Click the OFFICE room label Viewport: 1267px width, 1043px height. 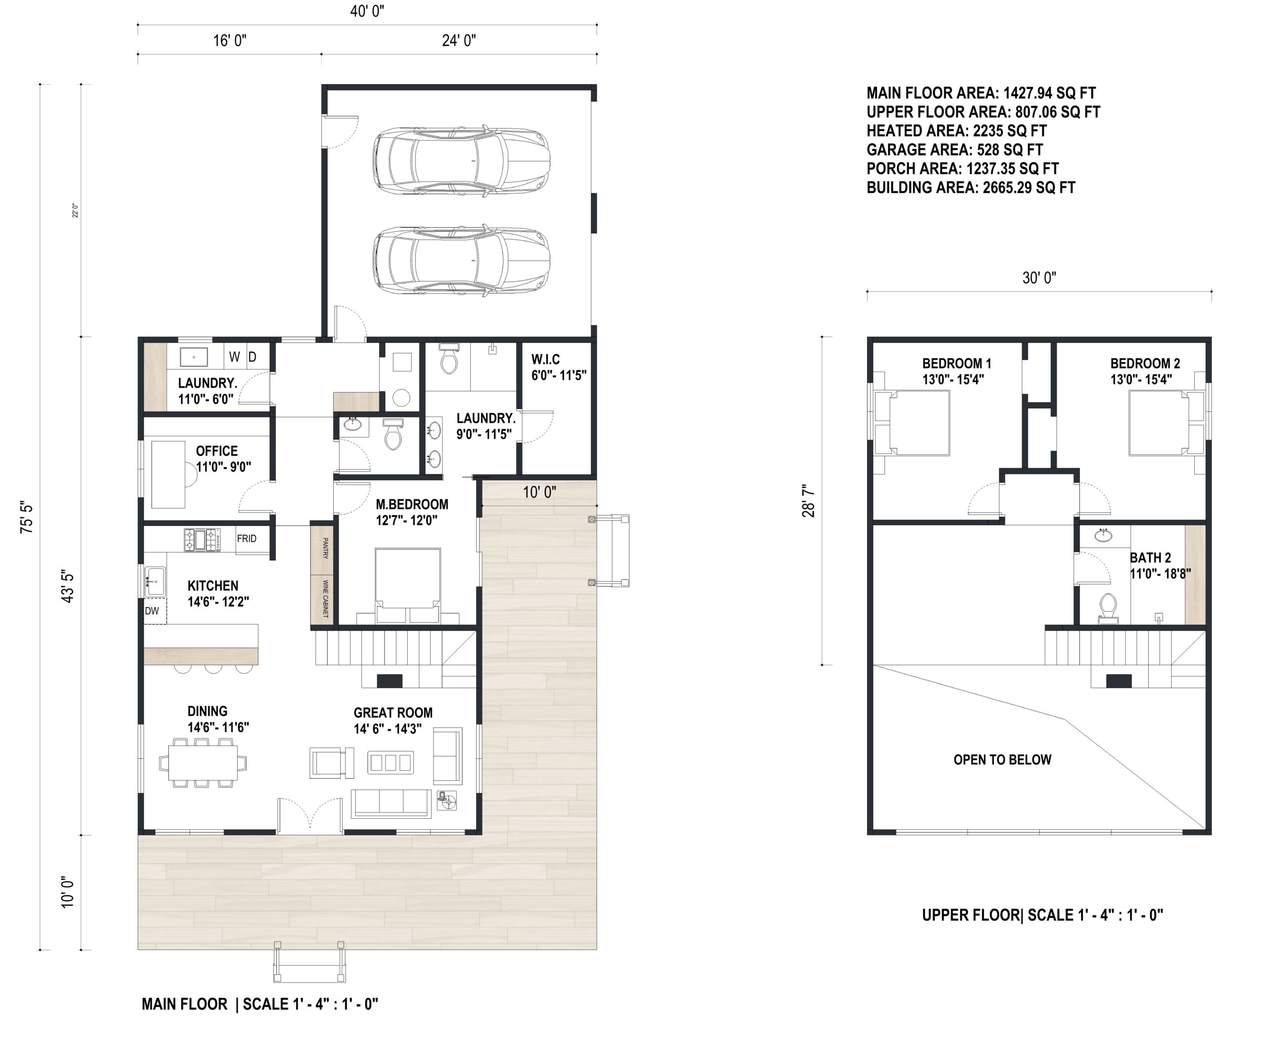click(x=217, y=450)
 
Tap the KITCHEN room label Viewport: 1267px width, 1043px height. click(x=213, y=586)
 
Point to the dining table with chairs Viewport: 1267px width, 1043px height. click(x=202, y=762)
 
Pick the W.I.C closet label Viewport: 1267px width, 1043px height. click(x=545, y=359)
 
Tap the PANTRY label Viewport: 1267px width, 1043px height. click(x=325, y=548)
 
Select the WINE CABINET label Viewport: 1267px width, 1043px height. click(x=325, y=598)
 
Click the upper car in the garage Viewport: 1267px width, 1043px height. click(x=461, y=159)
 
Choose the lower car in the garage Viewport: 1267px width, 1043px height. click(x=461, y=260)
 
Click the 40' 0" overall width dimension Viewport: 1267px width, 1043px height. click(x=367, y=11)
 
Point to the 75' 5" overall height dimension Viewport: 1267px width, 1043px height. click(x=26, y=517)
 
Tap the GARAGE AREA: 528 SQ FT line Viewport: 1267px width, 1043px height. click(x=955, y=149)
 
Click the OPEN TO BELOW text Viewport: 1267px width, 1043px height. click(x=1002, y=759)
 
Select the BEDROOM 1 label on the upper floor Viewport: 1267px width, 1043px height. click(x=956, y=363)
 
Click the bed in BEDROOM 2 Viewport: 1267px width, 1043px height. click(x=1158, y=423)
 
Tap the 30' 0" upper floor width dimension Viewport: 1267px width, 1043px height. click(x=1039, y=278)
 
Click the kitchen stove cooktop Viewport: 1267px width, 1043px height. click(x=202, y=540)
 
